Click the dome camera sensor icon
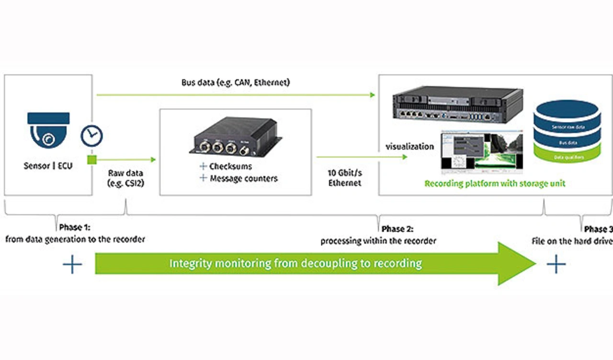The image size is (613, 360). [x=48, y=130]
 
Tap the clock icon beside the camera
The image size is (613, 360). [x=91, y=136]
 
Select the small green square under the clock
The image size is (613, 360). [x=91, y=160]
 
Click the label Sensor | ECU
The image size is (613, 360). [x=48, y=167]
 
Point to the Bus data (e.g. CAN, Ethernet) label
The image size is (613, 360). [x=236, y=83]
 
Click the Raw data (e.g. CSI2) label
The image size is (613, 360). [x=125, y=178]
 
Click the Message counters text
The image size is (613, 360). [x=243, y=179]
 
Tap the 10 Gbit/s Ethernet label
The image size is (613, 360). [x=345, y=178]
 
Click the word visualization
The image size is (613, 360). [x=410, y=146]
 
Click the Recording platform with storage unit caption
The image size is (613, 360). [x=495, y=184]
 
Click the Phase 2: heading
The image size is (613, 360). [x=397, y=229]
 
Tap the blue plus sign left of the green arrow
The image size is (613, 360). [x=72, y=264]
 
